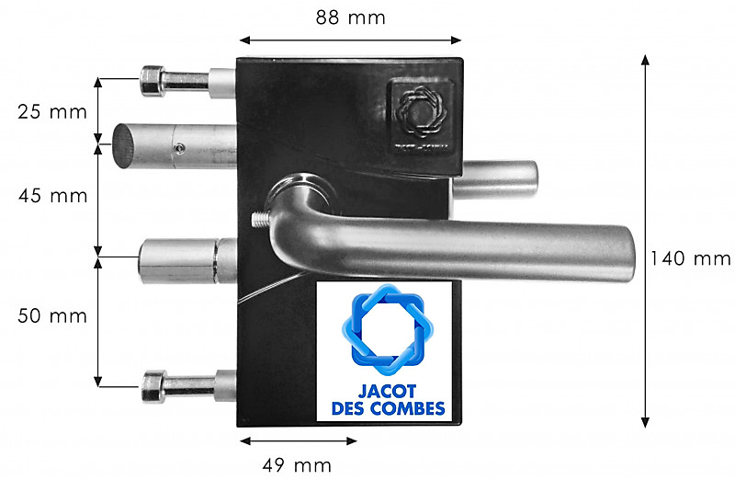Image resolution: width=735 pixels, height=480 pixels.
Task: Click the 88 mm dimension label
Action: pos(350,17)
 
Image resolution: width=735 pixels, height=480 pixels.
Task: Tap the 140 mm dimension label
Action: pos(690,258)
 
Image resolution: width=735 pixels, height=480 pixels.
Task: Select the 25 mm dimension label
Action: pos(52,112)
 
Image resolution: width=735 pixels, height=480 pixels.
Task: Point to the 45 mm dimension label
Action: pos(53,196)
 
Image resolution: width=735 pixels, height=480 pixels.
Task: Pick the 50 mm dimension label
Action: pos(52,315)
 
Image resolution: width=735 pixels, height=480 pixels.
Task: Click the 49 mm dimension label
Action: pos(297,465)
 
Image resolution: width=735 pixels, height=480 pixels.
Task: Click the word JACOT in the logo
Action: pos(387,392)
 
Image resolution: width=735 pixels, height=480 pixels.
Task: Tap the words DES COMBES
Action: pos(388,408)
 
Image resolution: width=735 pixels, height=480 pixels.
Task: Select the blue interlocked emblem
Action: pos(388,329)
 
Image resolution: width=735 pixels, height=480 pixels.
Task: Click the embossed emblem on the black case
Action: pos(421,112)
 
